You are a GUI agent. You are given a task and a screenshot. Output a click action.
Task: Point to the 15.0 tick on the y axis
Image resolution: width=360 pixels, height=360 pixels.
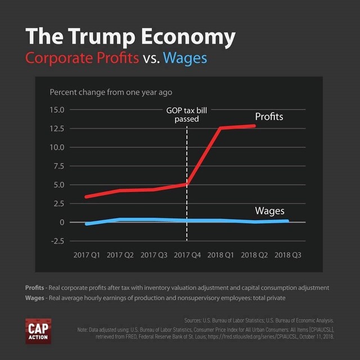pos(57,110)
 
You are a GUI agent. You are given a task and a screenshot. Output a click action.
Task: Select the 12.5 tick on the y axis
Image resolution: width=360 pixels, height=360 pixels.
pos(57,128)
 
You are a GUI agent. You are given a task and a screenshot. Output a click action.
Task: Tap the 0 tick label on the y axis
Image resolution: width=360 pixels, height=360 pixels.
pos(62,222)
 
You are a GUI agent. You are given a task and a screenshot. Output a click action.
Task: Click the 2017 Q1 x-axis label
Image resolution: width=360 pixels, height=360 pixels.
pos(87,255)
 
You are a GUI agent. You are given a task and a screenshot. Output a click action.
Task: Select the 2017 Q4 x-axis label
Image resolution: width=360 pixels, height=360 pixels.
pos(187,255)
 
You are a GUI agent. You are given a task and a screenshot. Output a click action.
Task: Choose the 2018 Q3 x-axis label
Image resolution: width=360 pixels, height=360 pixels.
pos(287,255)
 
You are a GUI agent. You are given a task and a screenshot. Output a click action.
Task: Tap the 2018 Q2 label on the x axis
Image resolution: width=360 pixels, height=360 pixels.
pos(254,255)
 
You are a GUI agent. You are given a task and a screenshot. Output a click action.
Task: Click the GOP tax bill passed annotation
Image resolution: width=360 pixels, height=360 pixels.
pos(187,115)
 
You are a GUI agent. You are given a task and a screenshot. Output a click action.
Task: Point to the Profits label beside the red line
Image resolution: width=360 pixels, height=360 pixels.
pos(269,117)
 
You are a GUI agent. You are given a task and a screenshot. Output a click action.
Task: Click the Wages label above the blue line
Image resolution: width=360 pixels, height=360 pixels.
pos(269,211)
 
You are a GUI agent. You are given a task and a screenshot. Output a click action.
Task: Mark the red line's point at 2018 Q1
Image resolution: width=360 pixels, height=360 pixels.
pos(220,128)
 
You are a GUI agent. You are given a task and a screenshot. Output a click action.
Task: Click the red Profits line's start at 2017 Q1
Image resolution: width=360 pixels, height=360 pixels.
pos(86,197)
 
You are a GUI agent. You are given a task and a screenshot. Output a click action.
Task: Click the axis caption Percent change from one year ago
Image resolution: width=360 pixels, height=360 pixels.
pos(111,92)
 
